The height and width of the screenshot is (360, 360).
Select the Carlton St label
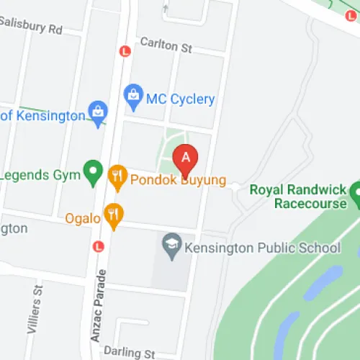[x=166, y=46]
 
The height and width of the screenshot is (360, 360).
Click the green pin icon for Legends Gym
[x=92, y=171]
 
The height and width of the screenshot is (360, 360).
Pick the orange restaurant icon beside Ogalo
[x=113, y=213]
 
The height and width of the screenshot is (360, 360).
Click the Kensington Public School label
[x=263, y=248]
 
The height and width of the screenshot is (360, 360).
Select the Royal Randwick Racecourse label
[x=297, y=197]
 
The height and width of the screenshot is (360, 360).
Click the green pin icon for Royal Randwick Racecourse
[x=356, y=192]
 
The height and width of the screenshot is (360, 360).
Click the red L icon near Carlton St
[x=125, y=51]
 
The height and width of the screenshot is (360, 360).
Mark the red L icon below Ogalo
[x=99, y=246]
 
